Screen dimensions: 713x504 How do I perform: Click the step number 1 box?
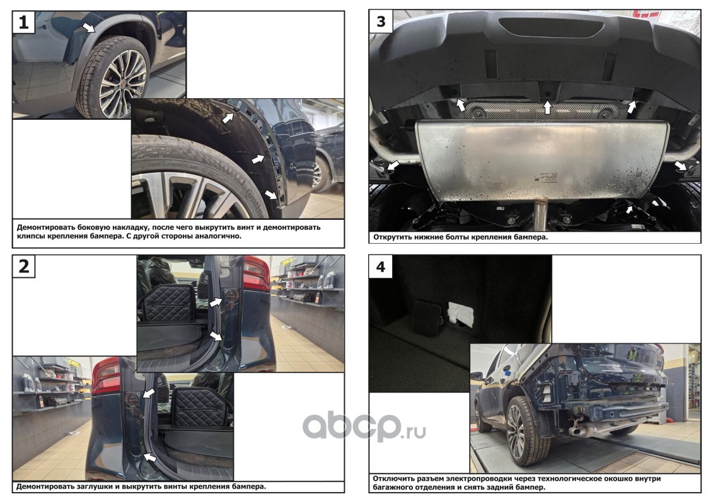[23, 22]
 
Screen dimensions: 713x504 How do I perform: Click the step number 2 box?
[24, 266]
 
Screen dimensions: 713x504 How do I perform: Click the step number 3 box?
[381, 21]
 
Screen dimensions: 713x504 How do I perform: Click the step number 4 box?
[381, 266]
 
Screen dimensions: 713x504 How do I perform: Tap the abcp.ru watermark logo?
[364, 426]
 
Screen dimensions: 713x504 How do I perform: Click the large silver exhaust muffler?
[542, 159]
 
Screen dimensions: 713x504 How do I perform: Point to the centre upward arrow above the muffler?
[547, 108]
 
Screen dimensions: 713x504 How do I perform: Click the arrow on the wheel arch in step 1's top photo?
[89, 26]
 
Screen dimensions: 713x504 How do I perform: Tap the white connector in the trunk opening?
[461, 314]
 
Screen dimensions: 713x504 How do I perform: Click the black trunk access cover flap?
[428, 318]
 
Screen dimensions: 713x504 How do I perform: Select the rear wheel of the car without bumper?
[523, 431]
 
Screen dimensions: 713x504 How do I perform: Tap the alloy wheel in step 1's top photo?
[122, 84]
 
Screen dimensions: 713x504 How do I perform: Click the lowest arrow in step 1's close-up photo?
[270, 195]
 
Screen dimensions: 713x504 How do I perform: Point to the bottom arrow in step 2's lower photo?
[149, 457]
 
